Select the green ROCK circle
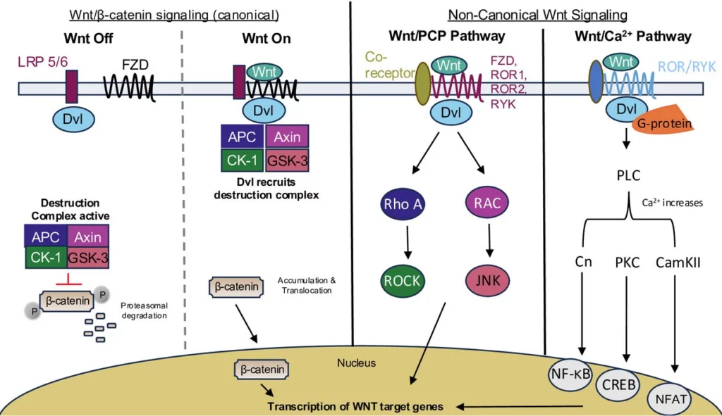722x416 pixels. [x=402, y=280]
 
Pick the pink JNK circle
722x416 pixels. [x=488, y=281]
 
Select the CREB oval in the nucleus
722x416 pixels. [x=618, y=385]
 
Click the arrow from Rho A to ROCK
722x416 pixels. [x=402, y=243]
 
